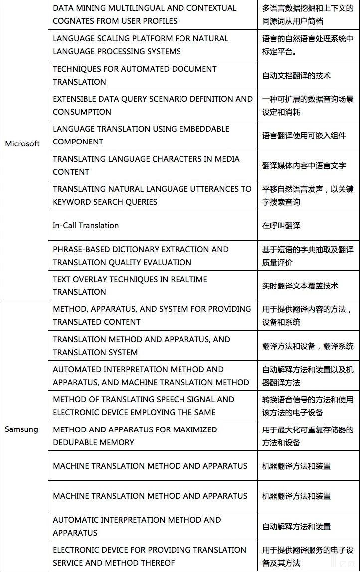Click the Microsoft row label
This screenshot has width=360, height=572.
pos(22,143)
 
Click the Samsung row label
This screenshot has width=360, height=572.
pos(21,429)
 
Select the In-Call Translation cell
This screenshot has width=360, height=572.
pos(86,225)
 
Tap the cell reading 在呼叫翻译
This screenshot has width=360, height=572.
pos(281,225)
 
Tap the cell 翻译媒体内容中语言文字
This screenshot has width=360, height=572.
pos(304,165)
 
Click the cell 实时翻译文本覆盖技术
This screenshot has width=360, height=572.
pos(300,286)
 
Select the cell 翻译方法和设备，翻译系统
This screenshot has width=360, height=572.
pos(308,346)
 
